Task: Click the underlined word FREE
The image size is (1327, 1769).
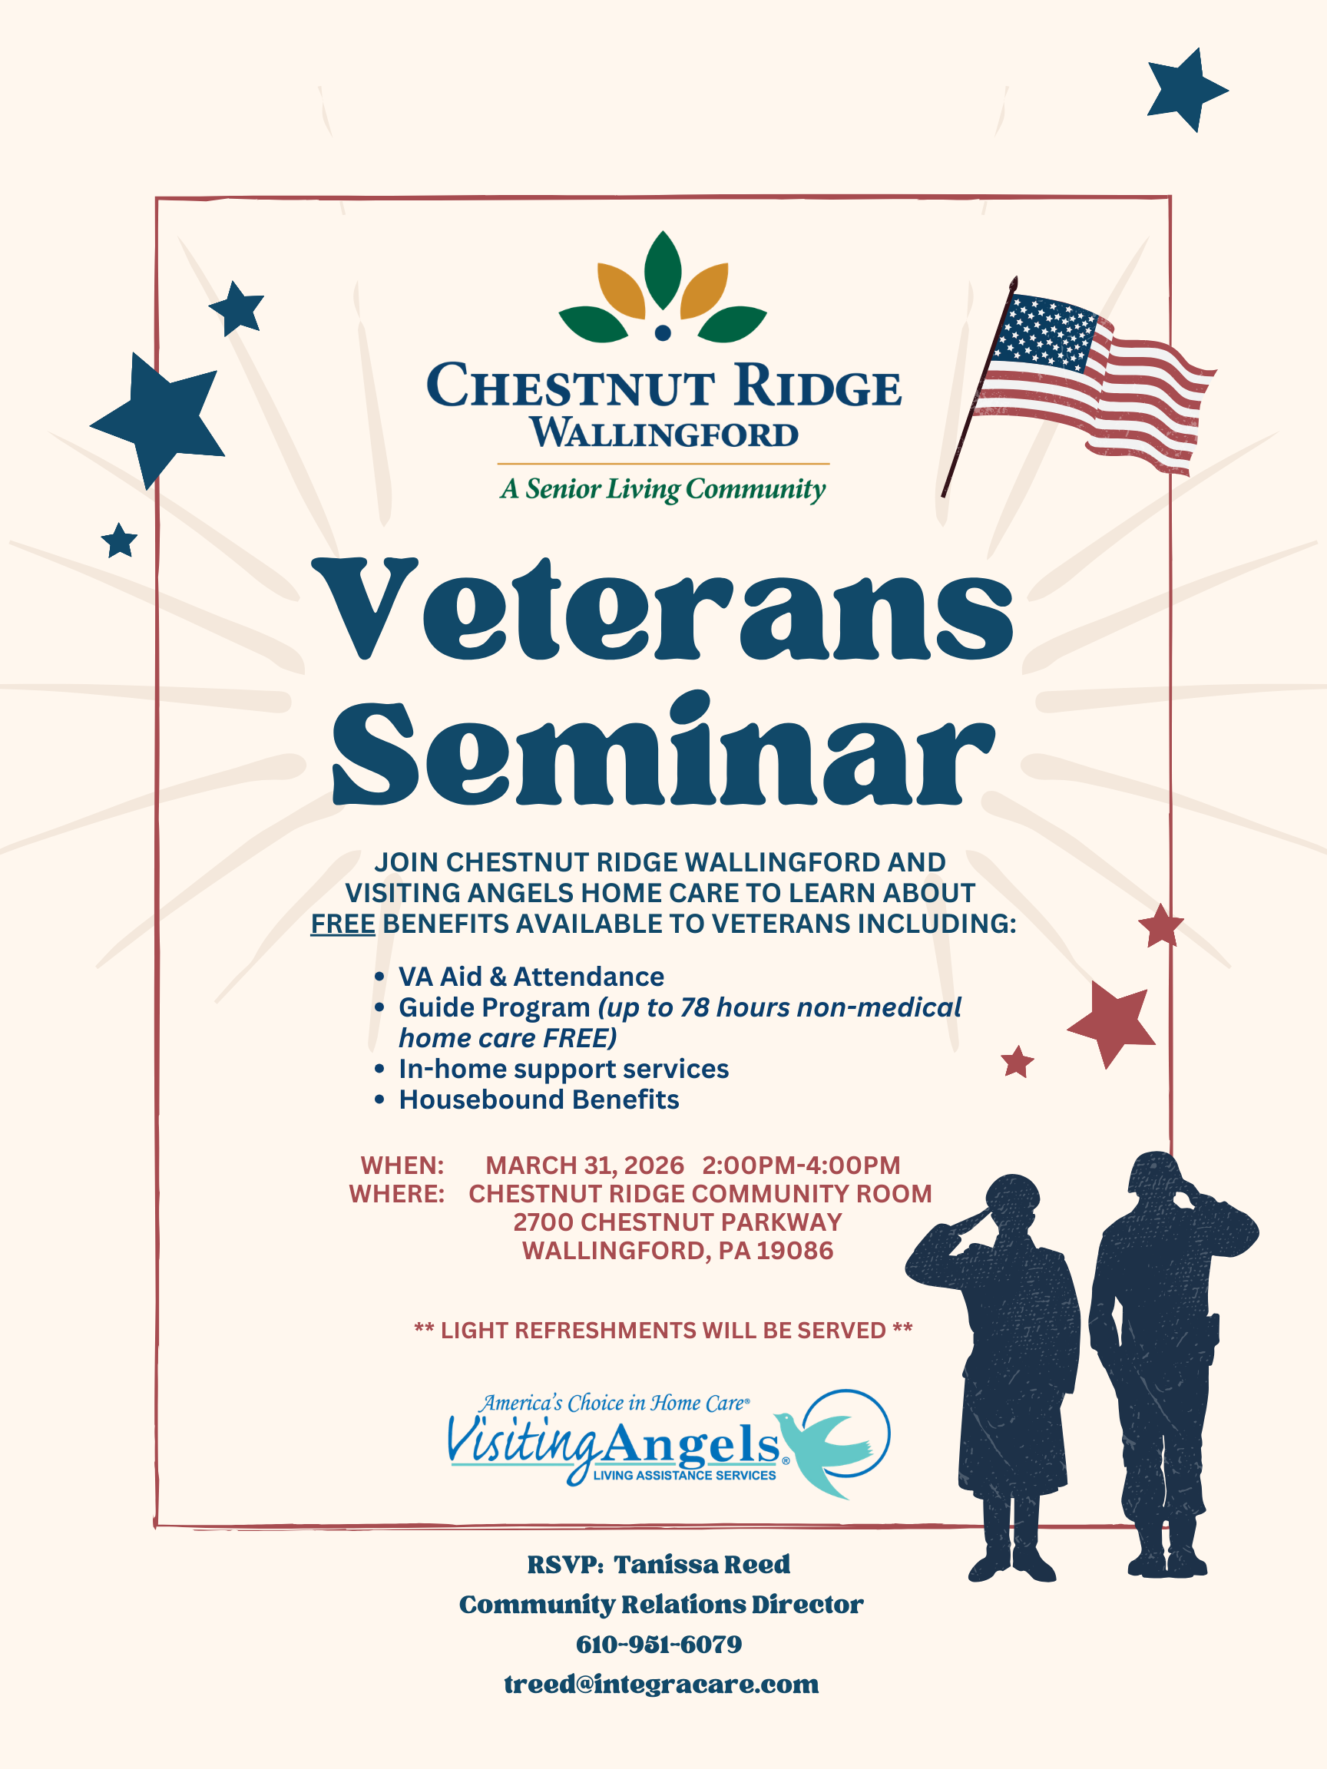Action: pyautogui.click(x=343, y=924)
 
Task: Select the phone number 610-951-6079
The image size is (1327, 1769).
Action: pyautogui.click(x=659, y=1645)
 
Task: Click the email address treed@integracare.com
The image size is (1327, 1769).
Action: pyautogui.click(x=661, y=1685)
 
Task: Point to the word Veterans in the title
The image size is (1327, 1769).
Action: pyautogui.click(x=662, y=610)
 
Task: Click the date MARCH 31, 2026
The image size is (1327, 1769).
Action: pyautogui.click(x=584, y=1166)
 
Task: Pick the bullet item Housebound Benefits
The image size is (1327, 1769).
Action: pyautogui.click(x=539, y=1099)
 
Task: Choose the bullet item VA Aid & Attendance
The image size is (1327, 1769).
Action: pyautogui.click(x=531, y=977)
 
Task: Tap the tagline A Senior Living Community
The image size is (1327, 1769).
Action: pyautogui.click(x=663, y=488)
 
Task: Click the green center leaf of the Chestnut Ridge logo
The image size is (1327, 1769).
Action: pyautogui.click(x=663, y=269)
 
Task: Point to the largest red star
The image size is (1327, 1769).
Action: pyautogui.click(x=1114, y=1023)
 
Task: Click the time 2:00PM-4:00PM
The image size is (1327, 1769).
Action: pyautogui.click(x=802, y=1166)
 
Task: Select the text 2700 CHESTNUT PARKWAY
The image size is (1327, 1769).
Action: pyautogui.click(x=677, y=1222)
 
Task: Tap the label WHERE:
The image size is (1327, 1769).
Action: pyautogui.click(x=397, y=1194)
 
